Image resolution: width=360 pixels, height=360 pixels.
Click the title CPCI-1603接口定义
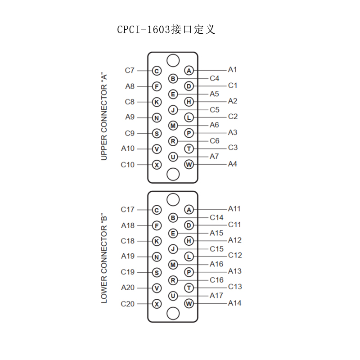click(x=166, y=29)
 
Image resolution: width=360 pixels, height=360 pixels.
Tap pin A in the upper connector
click(x=189, y=71)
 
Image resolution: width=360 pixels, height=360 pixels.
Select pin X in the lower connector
click(x=157, y=304)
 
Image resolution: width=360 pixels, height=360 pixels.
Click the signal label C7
click(x=130, y=70)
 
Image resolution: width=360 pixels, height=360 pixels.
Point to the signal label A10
click(x=128, y=148)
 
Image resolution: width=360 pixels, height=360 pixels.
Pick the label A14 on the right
click(x=234, y=303)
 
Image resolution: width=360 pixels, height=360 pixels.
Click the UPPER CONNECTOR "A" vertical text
click(x=104, y=117)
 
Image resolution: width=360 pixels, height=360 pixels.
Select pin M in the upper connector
click(x=173, y=126)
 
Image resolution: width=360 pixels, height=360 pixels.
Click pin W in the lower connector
click(x=189, y=303)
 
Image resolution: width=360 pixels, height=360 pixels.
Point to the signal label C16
click(x=216, y=280)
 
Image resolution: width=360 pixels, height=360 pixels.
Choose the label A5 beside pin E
click(x=214, y=94)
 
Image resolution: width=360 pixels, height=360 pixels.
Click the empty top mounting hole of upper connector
click(x=173, y=61)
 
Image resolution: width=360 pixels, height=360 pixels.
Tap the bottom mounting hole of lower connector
click(x=173, y=314)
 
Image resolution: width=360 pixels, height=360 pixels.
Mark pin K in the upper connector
click(x=157, y=102)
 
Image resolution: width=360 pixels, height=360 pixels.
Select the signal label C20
click(x=127, y=304)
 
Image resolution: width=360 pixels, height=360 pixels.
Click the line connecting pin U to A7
click(x=193, y=157)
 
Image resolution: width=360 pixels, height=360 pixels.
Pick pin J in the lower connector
click(x=173, y=249)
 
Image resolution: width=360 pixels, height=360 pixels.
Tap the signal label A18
click(x=128, y=225)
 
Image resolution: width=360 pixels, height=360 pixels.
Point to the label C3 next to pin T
click(x=233, y=148)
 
